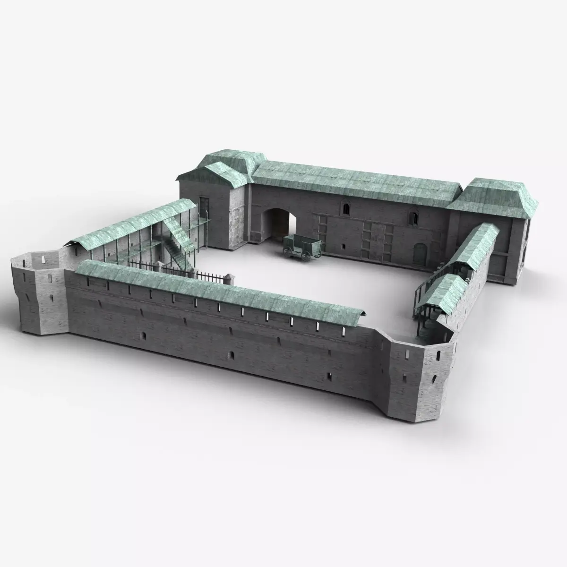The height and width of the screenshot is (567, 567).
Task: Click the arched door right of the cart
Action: [419, 254]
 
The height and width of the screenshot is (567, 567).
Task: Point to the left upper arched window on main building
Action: [347, 208]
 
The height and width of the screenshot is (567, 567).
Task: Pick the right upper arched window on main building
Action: [415, 217]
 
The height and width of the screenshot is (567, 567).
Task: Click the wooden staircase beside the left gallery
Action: [177, 246]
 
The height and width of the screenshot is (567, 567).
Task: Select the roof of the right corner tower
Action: [494, 196]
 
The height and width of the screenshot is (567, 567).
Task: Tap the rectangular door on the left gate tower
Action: [204, 208]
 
